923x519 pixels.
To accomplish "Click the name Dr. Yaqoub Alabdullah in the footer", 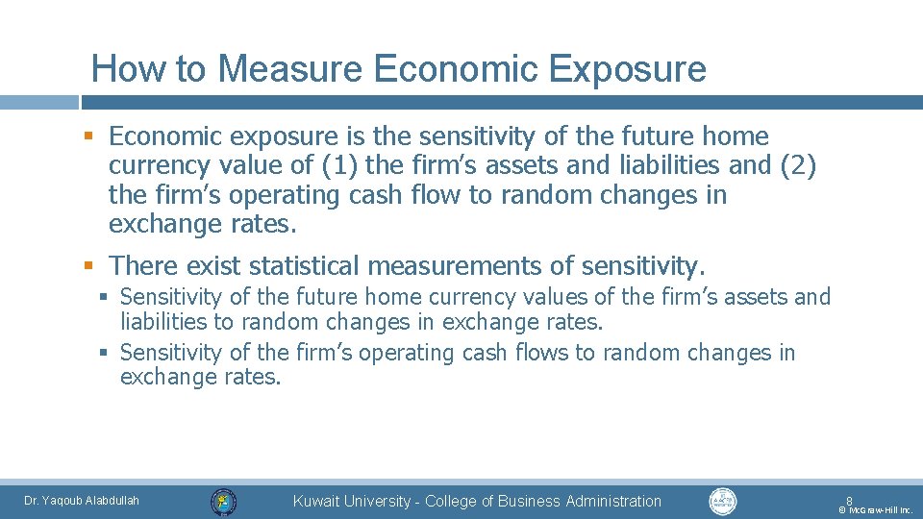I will coord(82,500).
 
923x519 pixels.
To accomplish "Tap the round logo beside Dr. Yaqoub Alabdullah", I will coord(223,501).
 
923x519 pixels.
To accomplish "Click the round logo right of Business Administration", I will coord(722,501).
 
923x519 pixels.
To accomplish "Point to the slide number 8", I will coord(849,500).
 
